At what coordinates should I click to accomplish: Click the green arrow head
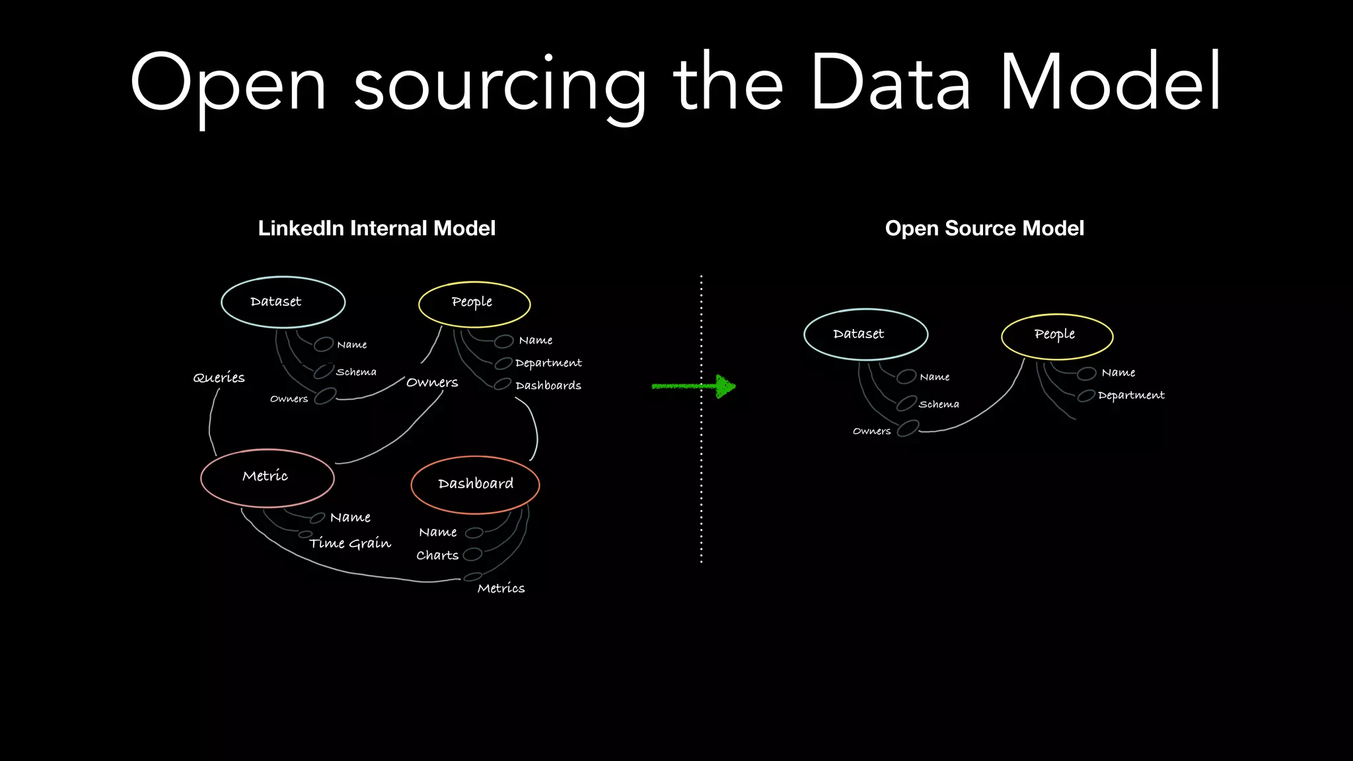[725, 386]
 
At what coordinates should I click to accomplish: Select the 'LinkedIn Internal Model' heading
[377, 229]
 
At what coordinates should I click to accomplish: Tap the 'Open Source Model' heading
[984, 229]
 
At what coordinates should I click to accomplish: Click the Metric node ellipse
[267, 478]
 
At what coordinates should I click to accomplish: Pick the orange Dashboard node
[475, 484]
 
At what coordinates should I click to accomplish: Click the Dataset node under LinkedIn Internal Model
[283, 302]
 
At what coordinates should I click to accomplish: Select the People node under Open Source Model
[1057, 336]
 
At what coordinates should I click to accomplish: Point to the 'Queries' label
[219, 378]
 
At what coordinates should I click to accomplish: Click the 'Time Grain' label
[350, 543]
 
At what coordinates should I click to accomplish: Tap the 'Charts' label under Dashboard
[437, 556]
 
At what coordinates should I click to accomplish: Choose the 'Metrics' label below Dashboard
[501, 588]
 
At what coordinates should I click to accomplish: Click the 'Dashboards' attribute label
[548, 386]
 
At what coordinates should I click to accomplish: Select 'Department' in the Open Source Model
[1131, 396]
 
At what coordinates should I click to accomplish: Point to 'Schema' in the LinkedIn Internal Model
[356, 373]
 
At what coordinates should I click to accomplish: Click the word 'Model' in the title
[1110, 83]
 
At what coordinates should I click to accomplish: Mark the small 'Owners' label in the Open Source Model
[871, 431]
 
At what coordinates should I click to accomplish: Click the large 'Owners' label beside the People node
[432, 382]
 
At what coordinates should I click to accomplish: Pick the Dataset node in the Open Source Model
[865, 334]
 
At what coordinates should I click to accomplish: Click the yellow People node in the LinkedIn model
[474, 303]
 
